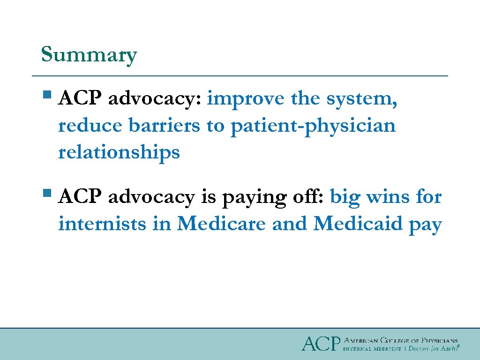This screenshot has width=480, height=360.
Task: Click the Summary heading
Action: pyautogui.click(x=89, y=55)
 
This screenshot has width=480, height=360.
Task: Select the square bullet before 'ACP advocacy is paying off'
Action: pyautogui.click(x=46, y=193)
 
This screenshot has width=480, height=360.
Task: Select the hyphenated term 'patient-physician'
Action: pyautogui.click(x=313, y=126)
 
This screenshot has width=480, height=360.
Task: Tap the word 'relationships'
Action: pyautogui.click(x=119, y=152)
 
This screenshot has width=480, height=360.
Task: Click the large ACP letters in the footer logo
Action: pyautogui.click(x=320, y=344)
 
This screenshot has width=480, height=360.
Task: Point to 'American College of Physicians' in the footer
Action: pyautogui.click(x=401, y=340)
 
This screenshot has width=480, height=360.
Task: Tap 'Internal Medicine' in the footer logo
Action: pyautogui.click(x=372, y=349)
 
